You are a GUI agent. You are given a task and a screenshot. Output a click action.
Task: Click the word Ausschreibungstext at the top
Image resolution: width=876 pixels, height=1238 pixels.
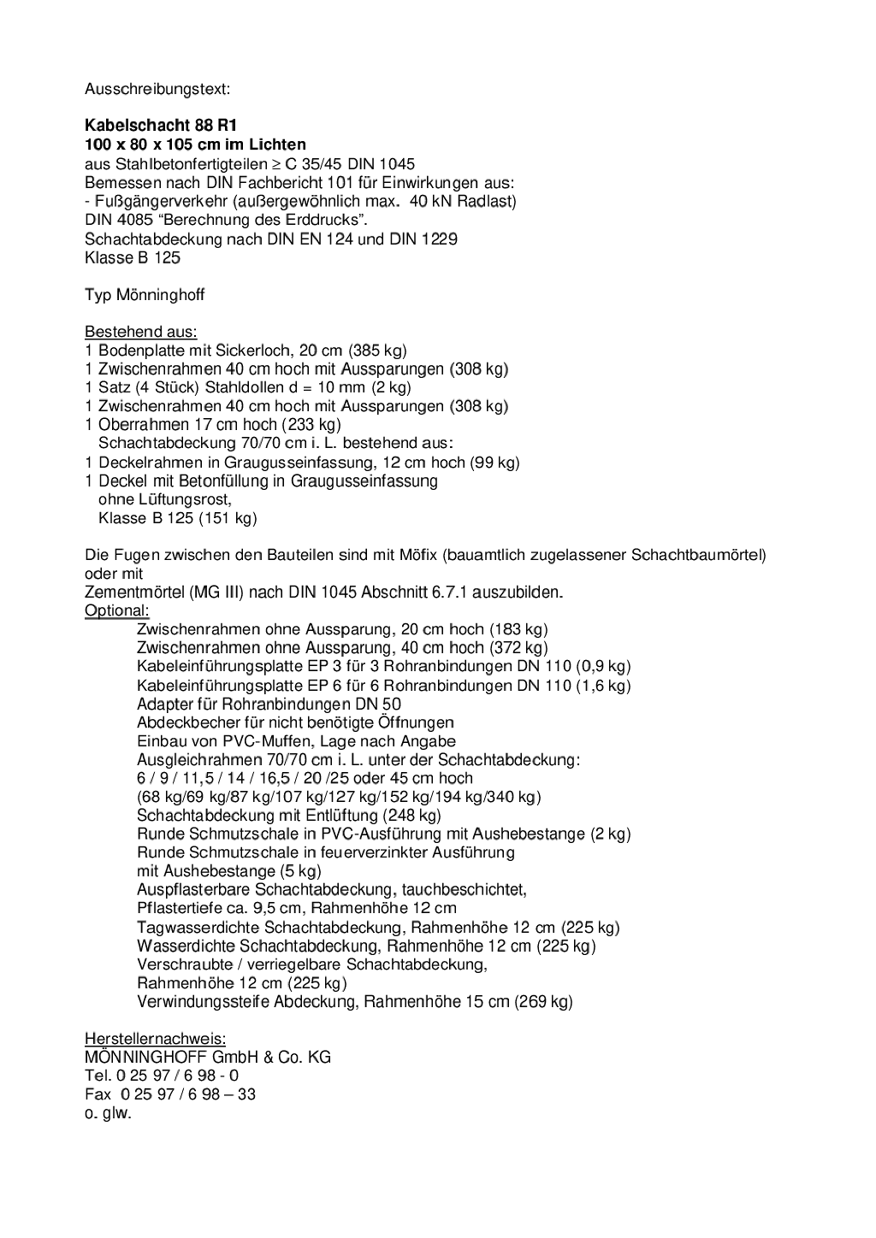pyautogui.click(x=157, y=89)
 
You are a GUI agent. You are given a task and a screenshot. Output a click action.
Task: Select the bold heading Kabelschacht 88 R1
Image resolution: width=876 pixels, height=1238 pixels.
pyautogui.click(x=161, y=126)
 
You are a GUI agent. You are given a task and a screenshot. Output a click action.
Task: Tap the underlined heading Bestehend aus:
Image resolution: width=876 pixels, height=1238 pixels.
pyautogui.click(x=140, y=332)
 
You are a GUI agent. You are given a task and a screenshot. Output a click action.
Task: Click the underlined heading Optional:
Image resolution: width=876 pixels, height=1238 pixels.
pyautogui.click(x=117, y=610)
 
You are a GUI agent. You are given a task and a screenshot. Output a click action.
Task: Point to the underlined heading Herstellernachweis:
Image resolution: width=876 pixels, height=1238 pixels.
pyautogui.click(x=155, y=1039)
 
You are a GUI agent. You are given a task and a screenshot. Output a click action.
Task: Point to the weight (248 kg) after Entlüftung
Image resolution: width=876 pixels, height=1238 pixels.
pyautogui.click(x=411, y=816)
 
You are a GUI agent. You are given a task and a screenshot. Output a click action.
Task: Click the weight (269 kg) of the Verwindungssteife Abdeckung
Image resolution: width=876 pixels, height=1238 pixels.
pyautogui.click(x=543, y=1002)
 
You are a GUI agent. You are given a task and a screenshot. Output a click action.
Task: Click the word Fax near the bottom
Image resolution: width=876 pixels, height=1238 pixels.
pyautogui.click(x=98, y=1095)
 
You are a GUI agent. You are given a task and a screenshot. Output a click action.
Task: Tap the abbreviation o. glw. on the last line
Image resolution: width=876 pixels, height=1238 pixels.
pyautogui.click(x=108, y=1114)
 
